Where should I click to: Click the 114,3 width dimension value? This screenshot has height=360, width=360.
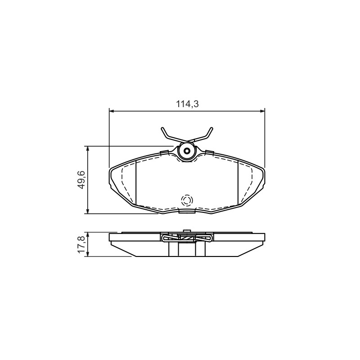click(187, 104)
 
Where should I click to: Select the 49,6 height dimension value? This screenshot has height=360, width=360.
click(81, 180)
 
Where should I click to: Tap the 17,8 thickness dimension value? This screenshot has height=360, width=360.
click(81, 245)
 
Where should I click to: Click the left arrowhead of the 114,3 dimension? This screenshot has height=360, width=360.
click(112, 111)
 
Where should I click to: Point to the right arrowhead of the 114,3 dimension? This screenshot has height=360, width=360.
click(262, 111)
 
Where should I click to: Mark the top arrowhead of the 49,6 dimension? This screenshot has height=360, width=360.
click(87, 148)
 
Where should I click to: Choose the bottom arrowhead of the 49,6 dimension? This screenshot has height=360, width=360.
click(87, 211)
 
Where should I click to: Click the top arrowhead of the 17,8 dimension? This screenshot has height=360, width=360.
click(87, 235)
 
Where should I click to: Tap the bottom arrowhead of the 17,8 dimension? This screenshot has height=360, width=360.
click(87, 254)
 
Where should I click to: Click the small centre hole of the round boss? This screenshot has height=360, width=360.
click(187, 151)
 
